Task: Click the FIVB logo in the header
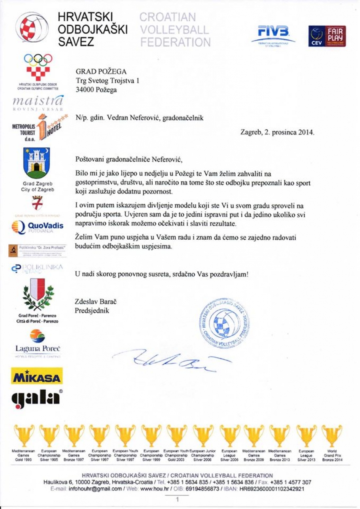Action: [273, 35]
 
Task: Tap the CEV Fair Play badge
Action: [327, 36]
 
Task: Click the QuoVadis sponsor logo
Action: [37, 228]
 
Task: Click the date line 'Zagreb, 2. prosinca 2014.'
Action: [277, 132]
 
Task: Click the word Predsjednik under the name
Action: [92, 310]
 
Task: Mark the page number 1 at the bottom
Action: [177, 499]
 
